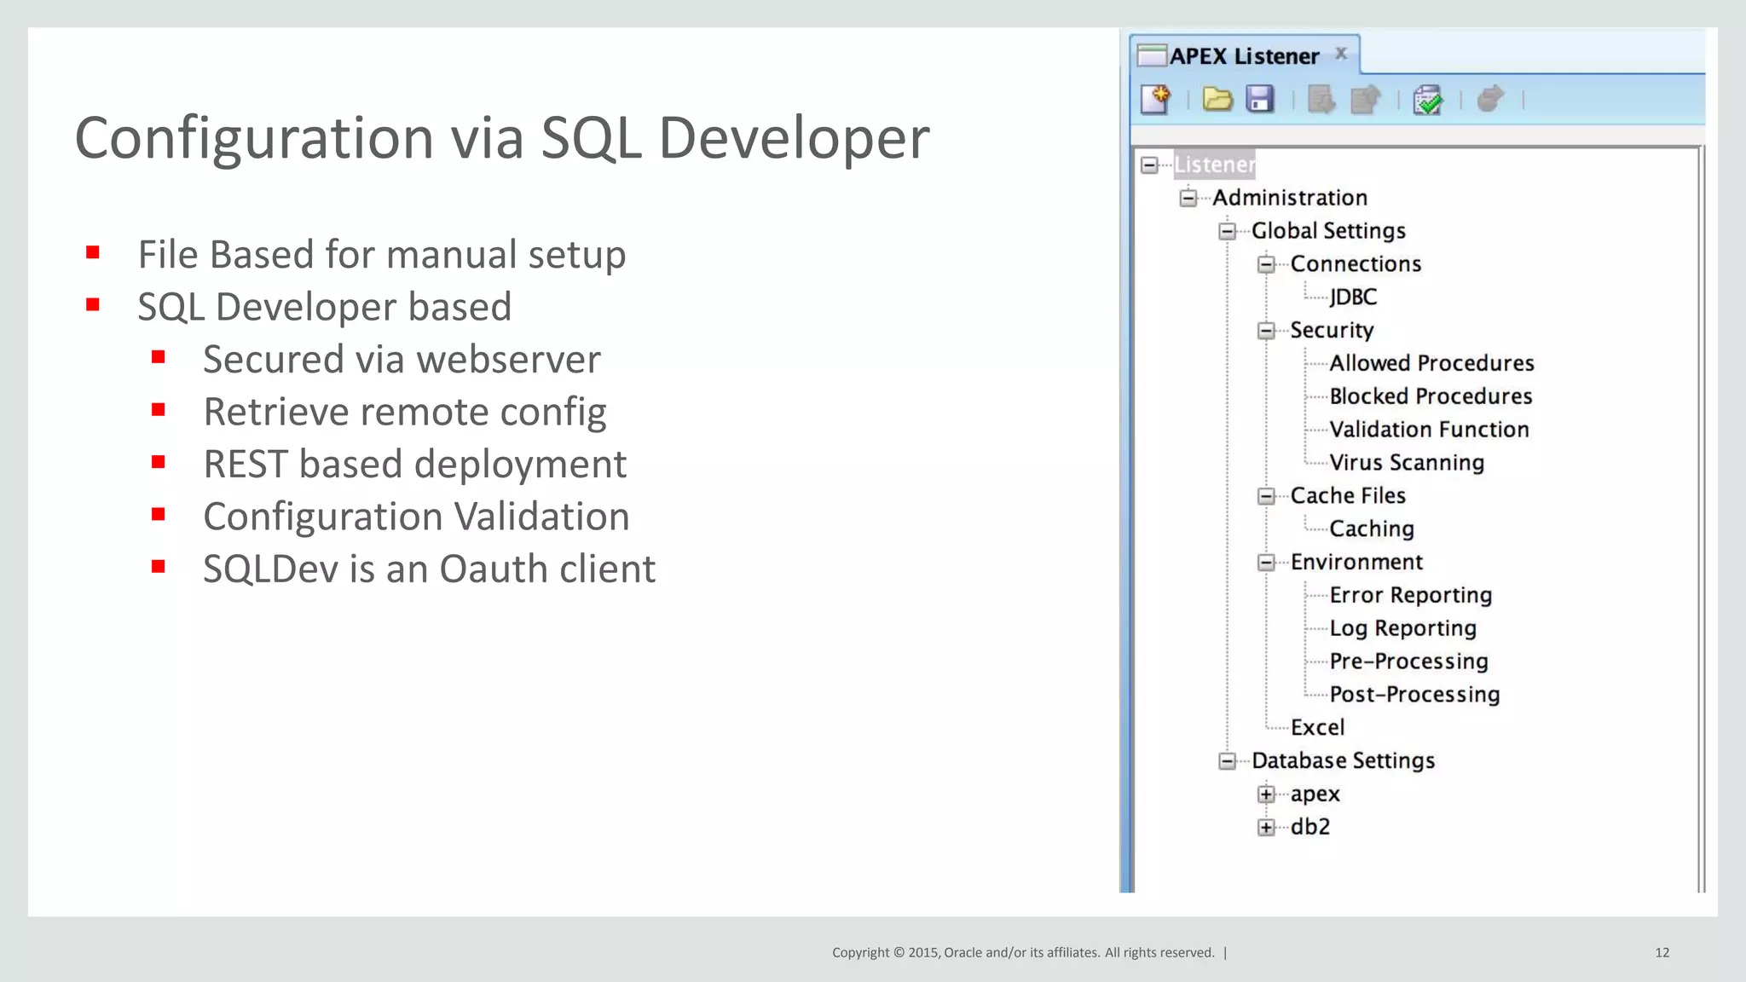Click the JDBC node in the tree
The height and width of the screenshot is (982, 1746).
[x=1353, y=297]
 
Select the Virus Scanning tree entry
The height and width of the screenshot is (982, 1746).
[x=1407, y=463]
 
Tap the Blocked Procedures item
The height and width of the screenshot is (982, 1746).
[x=1431, y=396]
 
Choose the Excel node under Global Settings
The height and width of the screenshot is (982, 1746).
[x=1317, y=727]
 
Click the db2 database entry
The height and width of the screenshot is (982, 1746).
[x=1310, y=827]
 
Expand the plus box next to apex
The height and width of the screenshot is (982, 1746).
[x=1266, y=794]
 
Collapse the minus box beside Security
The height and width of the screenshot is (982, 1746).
[x=1266, y=331]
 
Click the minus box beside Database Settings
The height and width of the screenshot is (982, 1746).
[x=1227, y=761]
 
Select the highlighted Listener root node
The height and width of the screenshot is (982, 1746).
[x=1214, y=165]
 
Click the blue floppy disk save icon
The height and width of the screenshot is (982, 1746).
[x=1259, y=100]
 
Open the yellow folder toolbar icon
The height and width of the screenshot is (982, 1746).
[x=1217, y=100]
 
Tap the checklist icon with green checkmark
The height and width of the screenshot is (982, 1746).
[x=1427, y=100]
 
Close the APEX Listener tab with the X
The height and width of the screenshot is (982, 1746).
[x=1341, y=54]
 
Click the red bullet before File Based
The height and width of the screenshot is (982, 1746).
[x=93, y=252]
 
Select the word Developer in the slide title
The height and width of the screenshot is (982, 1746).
[x=794, y=138]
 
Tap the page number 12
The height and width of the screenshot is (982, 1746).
[x=1662, y=952]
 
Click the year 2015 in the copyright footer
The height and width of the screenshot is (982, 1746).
[x=923, y=952]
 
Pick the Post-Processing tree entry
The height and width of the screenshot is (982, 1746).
[x=1414, y=695]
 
